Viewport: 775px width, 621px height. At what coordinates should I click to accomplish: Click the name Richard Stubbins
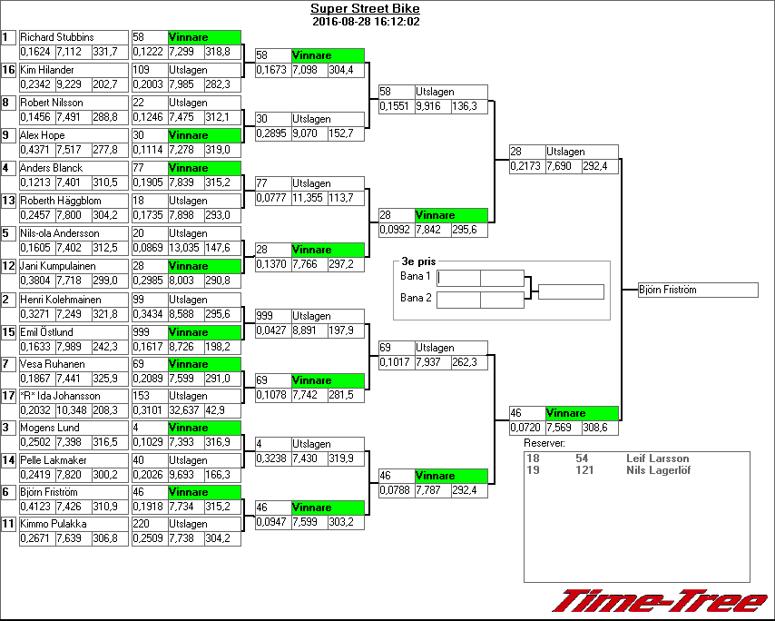click(56, 37)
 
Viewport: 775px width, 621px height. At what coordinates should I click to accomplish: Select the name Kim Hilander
click(47, 70)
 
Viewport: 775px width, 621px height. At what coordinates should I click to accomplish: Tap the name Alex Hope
click(43, 135)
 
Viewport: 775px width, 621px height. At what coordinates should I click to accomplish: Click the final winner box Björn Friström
click(697, 291)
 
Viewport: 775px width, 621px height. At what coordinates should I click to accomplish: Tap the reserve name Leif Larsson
click(657, 459)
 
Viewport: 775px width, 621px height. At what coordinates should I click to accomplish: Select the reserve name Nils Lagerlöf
click(659, 470)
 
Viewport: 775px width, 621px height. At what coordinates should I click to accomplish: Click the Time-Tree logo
click(660, 601)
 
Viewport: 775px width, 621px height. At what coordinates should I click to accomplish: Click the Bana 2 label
click(415, 298)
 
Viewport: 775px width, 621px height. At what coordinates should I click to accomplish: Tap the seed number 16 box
click(8, 70)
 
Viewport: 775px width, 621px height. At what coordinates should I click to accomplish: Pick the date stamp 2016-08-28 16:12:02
click(365, 22)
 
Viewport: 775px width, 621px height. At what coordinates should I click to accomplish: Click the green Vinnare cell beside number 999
click(204, 332)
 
